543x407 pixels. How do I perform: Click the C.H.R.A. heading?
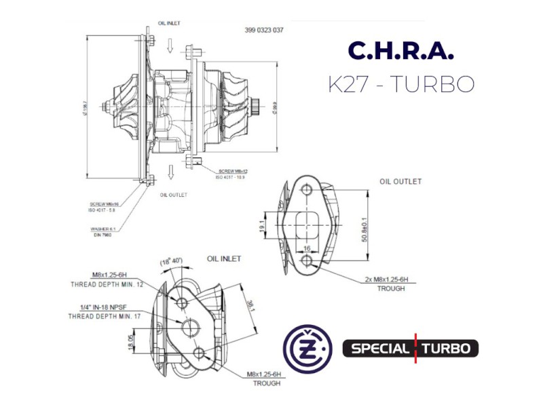(x=400, y=52)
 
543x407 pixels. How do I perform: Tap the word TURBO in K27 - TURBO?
(x=435, y=83)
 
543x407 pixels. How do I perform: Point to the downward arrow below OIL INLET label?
(x=171, y=46)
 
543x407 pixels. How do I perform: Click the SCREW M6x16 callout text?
(x=104, y=203)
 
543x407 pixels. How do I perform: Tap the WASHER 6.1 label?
(x=105, y=229)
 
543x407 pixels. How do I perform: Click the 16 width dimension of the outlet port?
(x=307, y=249)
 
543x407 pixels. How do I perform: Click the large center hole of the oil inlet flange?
(x=188, y=328)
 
